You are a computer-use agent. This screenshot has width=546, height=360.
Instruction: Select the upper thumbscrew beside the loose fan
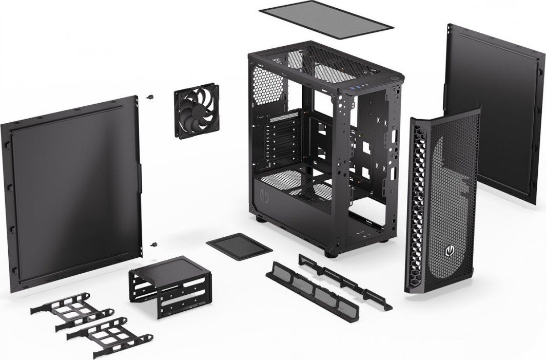point(151,96)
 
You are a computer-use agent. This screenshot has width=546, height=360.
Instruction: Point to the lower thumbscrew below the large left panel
point(153,244)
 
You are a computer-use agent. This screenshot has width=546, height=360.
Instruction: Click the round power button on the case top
point(395,78)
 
